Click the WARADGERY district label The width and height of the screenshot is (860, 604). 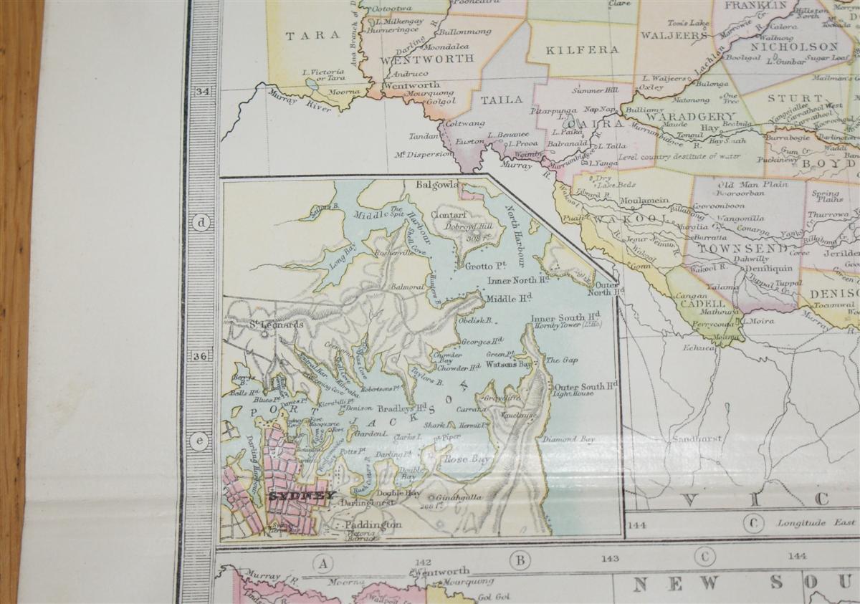click(680, 117)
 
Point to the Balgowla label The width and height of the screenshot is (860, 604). click(436, 184)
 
